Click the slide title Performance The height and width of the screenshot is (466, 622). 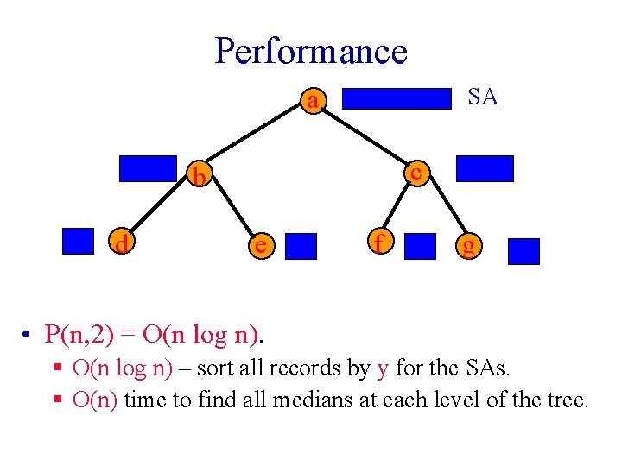(310, 51)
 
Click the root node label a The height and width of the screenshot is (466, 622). (313, 101)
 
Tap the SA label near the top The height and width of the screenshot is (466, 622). (482, 97)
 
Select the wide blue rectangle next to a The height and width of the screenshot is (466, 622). (398, 98)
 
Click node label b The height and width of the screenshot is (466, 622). (200, 177)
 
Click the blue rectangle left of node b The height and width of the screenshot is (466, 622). (147, 169)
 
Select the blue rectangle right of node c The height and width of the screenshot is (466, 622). (485, 168)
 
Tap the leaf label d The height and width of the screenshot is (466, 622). (123, 246)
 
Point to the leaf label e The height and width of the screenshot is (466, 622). (257, 246)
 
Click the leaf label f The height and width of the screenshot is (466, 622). (377, 243)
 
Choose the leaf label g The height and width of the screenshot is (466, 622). (468, 248)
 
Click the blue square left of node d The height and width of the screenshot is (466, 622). (79, 241)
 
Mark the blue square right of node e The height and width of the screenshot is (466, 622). (301, 246)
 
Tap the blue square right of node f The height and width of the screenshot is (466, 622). (421, 246)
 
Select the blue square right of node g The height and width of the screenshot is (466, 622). (524, 251)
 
